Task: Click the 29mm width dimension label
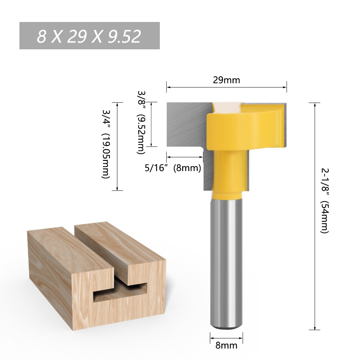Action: coord(226,80)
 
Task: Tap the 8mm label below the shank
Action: coord(226,346)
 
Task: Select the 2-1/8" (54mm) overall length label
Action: coord(324,201)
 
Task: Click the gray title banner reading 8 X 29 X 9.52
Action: coord(89,36)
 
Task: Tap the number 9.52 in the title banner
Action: coord(123,36)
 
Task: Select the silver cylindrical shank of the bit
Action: coord(226,259)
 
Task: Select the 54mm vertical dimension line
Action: coord(315,216)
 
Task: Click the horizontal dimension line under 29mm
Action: coord(226,87)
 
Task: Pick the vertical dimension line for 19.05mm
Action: coord(118,146)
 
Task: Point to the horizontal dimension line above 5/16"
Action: coord(184,157)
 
